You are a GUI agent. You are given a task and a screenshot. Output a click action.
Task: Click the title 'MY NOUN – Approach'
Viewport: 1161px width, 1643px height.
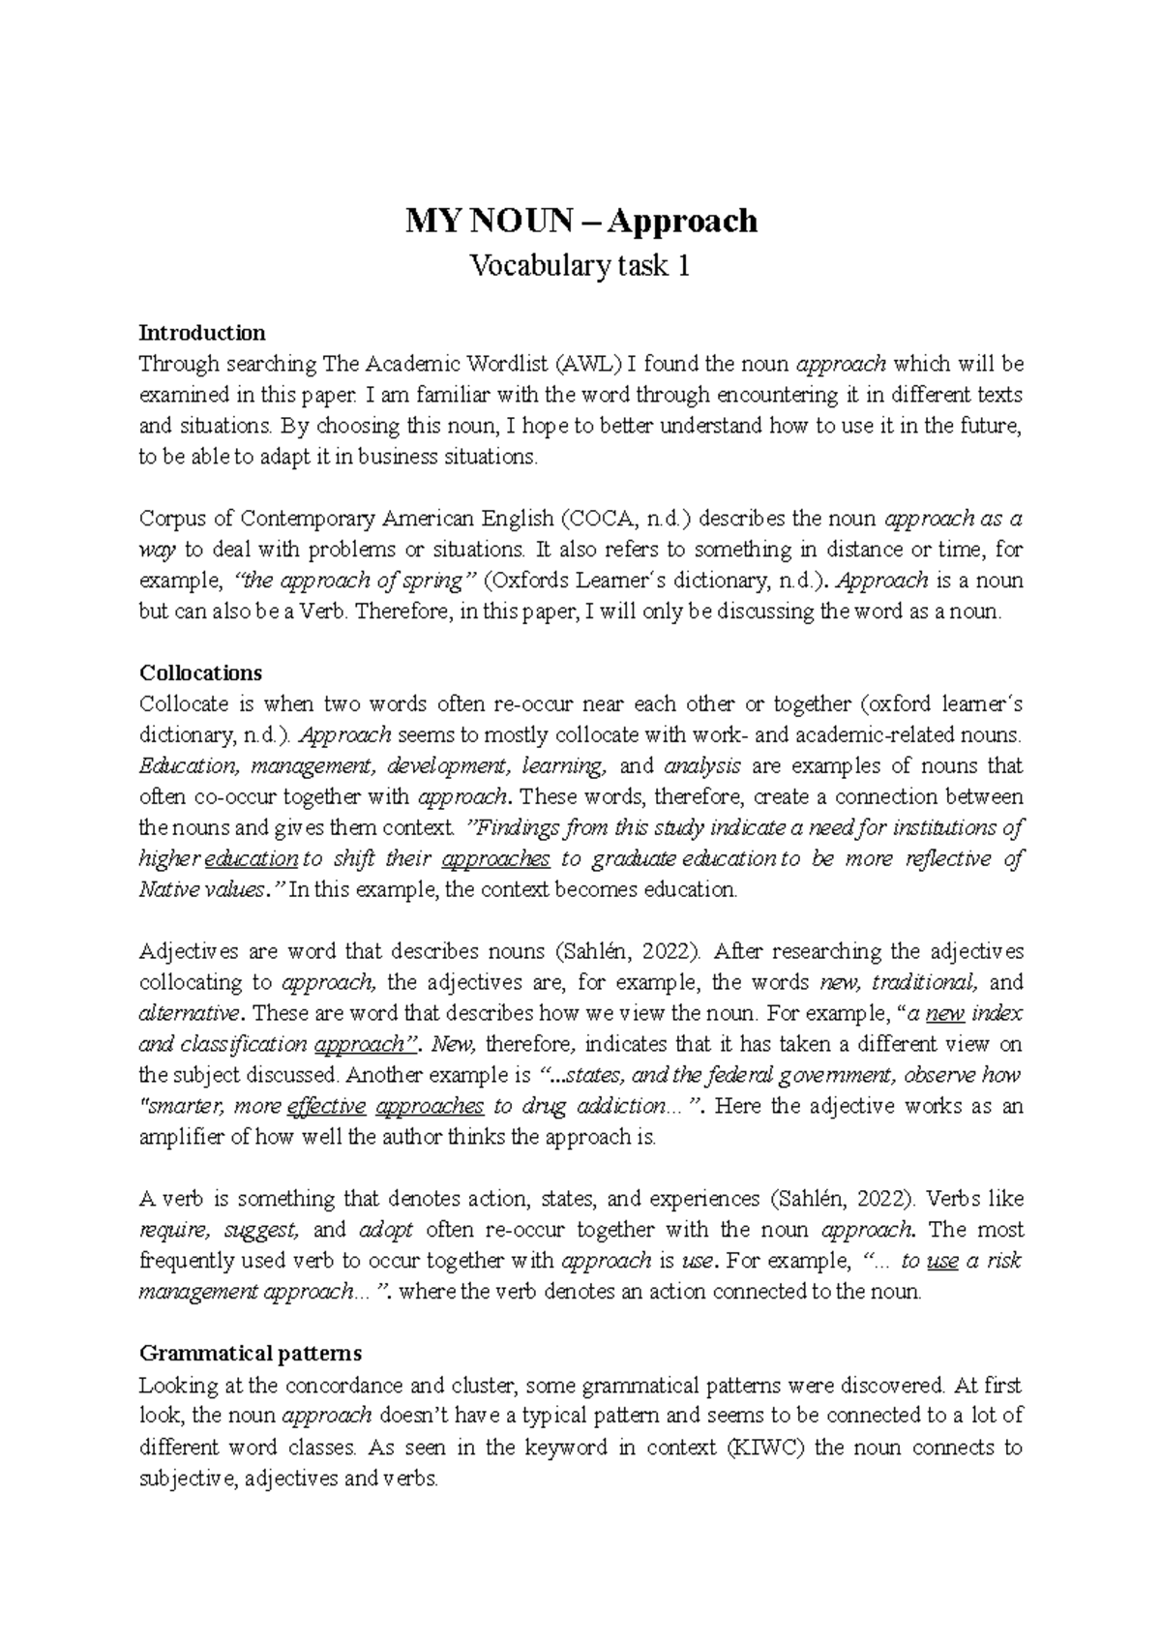(x=580, y=222)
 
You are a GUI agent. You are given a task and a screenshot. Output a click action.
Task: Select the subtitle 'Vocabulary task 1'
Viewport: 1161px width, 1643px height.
(x=580, y=265)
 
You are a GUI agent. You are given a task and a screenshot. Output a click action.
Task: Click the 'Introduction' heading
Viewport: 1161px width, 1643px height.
(x=202, y=333)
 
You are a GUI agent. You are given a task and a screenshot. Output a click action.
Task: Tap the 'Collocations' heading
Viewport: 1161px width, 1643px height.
(x=201, y=672)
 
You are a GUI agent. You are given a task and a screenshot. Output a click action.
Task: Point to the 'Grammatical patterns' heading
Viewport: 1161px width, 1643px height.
(x=251, y=1353)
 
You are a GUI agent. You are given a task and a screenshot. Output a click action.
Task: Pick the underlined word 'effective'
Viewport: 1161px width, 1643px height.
(x=327, y=1106)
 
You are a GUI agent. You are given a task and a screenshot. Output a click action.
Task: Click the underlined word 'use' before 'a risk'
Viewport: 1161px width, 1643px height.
(x=941, y=1261)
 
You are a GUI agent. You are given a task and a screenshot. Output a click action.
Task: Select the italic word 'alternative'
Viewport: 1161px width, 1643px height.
(x=189, y=1014)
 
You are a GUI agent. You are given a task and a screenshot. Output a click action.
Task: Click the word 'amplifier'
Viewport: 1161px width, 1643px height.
(x=181, y=1137)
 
